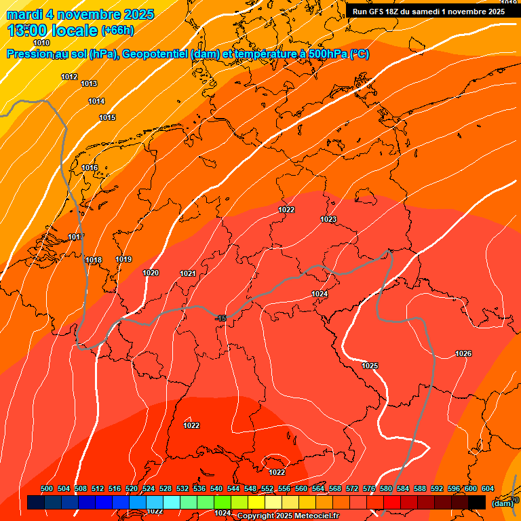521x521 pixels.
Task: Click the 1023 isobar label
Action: pos(328,219)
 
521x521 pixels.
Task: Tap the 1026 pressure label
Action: pos(463,353)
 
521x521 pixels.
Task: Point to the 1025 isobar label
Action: pos(370,366)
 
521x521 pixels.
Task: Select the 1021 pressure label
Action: pos(188,273)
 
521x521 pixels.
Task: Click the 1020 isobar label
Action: pos(151,273)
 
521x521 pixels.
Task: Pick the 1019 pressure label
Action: pos(123,259)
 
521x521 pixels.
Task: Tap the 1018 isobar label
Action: pos(94,260)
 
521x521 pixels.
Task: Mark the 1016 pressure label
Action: pos(90,168)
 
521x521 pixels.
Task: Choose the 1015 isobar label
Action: pos(107,117)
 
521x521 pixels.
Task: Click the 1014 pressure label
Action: pos(96,101)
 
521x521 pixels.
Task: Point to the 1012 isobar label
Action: pos(69,77)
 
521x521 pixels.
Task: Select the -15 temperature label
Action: pos(220,318)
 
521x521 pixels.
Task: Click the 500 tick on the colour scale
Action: pos(47,488)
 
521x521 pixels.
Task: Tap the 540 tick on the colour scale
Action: pos(216,488)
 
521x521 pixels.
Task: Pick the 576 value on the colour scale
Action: pos(369,488)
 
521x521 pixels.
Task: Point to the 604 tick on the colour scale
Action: pos(488,488)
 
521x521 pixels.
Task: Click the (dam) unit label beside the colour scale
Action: pos(502,503)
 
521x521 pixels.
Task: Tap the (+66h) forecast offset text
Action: pos(117,31)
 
